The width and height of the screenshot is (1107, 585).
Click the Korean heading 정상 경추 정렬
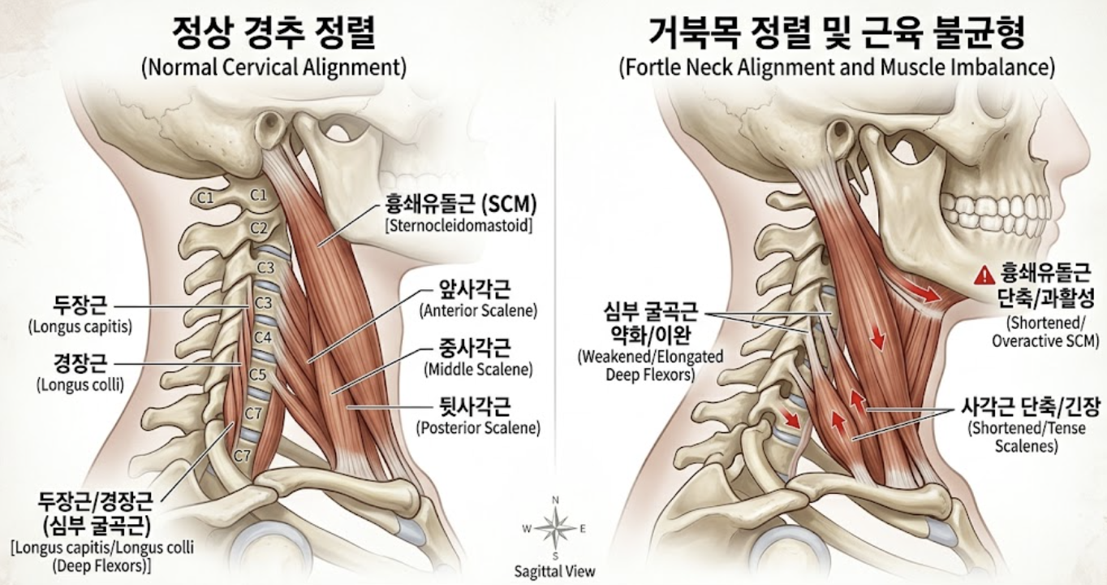click(x=274, y=32)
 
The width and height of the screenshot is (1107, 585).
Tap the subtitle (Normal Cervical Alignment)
click(x=274, y=67)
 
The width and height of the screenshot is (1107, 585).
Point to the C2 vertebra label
click(x=258, y=228)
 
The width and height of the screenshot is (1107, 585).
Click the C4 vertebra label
click(x=262, y=337)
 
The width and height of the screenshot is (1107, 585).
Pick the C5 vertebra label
click(x=257, y=375)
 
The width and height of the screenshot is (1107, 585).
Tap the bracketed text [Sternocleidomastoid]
click(x=459, y=226)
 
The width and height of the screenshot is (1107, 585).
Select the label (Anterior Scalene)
click(x=478, y=311)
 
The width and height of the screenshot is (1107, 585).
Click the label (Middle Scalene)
click(x=478, y=369)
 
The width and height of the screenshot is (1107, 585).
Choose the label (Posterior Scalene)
click(x=478, y=427)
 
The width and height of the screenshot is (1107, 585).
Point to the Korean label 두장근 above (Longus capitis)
click(x=80, y=305)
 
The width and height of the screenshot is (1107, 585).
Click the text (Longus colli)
click(x=80, y=384)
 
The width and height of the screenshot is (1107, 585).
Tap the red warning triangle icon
click(x=984, y=275)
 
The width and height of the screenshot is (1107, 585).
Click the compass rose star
click(x=555, y=529)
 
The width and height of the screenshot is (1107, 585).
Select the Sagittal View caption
click(x=554, y=572)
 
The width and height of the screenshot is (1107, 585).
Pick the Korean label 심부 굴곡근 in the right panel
click(x=650, y=312)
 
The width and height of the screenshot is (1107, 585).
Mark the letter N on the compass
click(x=555, y=500)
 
